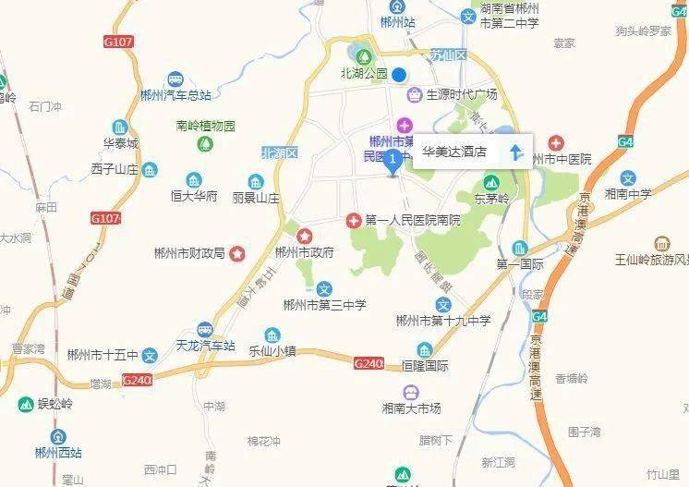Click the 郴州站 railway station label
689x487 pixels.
point(398,21)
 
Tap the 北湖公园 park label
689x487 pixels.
point(363,73)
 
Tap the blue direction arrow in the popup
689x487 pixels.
point(516,151)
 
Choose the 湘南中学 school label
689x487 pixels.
point(628,193)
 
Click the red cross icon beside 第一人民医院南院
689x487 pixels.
point(353,221)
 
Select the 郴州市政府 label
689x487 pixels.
point(305,251)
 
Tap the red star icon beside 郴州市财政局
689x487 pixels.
point(237,252)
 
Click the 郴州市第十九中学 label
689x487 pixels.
point(442,321)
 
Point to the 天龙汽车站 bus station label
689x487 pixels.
point(205,346)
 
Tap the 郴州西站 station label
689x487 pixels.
point(58,452)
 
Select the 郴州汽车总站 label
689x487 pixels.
point(175,94)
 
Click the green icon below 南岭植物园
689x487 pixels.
point(207,144)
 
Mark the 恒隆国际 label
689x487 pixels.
point(424,365)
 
